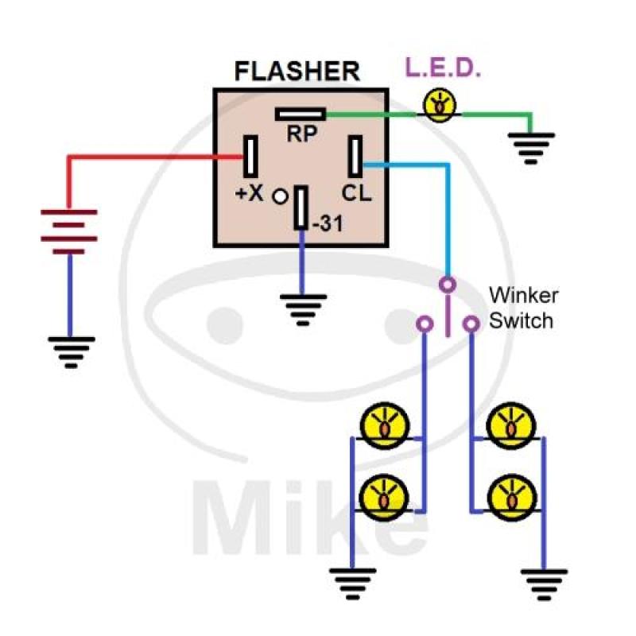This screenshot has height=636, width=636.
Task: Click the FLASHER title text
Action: point(297,71)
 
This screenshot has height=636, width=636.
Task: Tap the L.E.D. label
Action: point(444,68)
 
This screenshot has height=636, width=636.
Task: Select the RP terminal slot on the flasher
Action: point(301,114)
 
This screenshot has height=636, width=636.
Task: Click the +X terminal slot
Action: point(251,157)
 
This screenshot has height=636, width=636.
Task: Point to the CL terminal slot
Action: point(355,156)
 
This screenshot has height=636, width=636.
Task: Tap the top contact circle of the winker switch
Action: point(448,285)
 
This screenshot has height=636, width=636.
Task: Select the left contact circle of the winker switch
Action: point(425,324)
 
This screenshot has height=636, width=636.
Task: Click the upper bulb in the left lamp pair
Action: point(385,426)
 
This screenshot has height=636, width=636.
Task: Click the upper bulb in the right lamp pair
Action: point(510,426)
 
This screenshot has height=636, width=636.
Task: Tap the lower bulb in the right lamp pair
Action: point(510,498)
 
